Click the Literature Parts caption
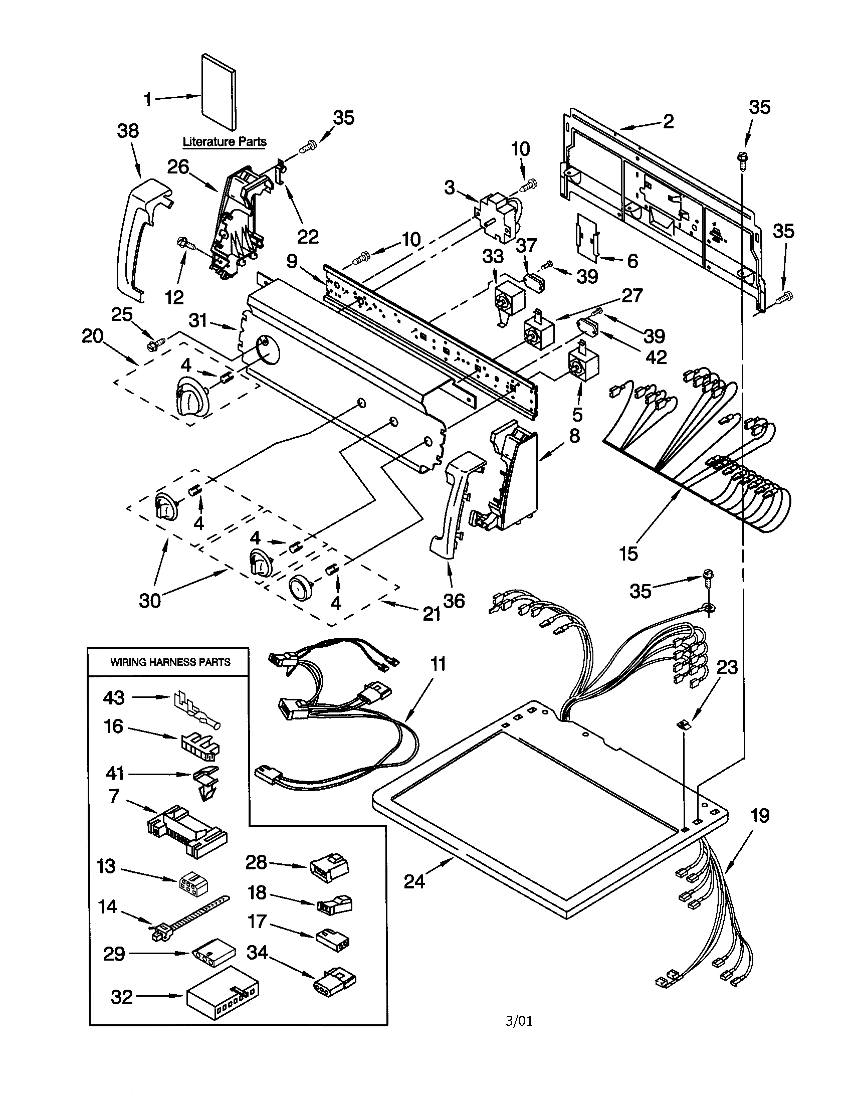tap(224, 142)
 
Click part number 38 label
tap(128, 131)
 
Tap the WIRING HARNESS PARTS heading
tap(170, 662)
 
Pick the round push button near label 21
tap(301, 588)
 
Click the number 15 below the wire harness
tap(628, 554)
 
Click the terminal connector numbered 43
tap(196, 709)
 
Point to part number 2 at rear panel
tap(668, 121)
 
